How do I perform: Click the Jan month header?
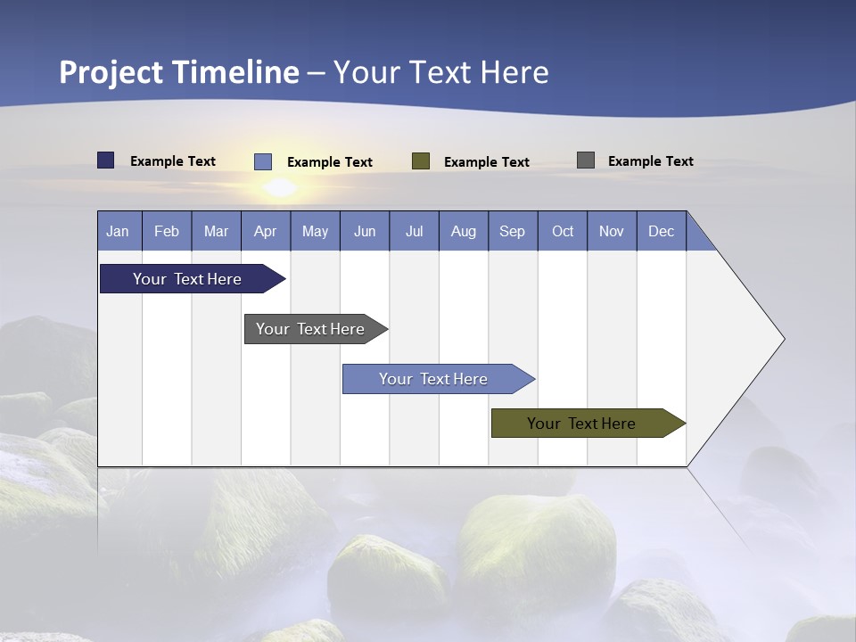tap(119, 231)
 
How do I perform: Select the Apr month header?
tap(266, 231)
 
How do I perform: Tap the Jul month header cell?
tap(414, 231)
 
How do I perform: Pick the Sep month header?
tap(513, 231)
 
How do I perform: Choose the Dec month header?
tap(661, 231)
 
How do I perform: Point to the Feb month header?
tap(167, 231)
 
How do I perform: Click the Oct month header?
tap(563, 231)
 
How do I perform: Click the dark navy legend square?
tap(106, 160)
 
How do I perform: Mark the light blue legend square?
tap(263, 161)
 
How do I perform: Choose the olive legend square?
tap(421, 161)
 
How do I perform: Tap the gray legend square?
tap(586, 160)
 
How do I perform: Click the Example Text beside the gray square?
tap(650, 161)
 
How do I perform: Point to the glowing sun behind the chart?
tap(281, 187)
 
